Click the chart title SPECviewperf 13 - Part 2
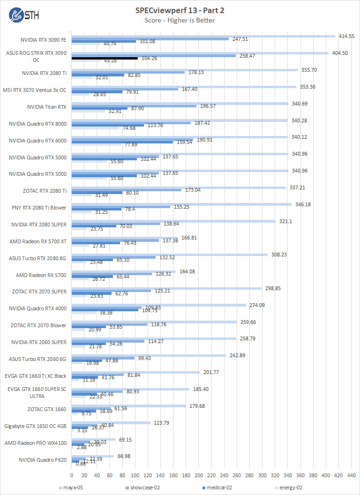pos(180,10)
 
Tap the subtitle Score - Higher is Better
pos(180,20)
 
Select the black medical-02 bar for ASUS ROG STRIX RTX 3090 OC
pos(105,58)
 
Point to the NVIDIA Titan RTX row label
pos(47,107)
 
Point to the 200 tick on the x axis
pos(199,475)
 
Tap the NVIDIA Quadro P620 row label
pos(43,460)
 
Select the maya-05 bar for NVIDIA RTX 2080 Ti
pos(184,70)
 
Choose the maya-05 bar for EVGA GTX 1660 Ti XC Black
pos(135,373)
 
